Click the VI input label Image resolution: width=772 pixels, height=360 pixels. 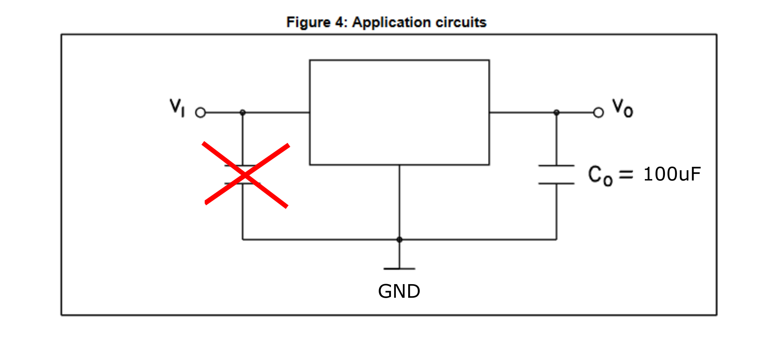pyautogui.click(x=177, y=107)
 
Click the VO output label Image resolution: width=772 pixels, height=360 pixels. pyautogui.click(x=622, y=108)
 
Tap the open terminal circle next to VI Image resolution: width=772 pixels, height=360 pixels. pyautogui.click(x=200, y=112)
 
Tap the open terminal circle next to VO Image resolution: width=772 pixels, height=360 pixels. pyautogui.click(x=598, y=112)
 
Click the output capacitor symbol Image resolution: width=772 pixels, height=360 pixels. pyautogui.click(x=556, y=175)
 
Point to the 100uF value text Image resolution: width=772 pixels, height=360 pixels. pyautogui.click(x=672, y=174)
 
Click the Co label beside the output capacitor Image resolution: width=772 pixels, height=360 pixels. pyautogui.click(x=600, y=175)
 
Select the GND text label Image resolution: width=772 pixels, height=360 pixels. pyautogui.click(x=399, y=292)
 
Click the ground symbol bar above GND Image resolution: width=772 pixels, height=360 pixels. pyautogui.click(x=399, y=269)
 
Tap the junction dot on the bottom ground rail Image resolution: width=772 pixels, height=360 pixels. pyautogui.click(x=399, y=239)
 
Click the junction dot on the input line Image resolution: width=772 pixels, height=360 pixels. pyautogui.click(x=242, y=112)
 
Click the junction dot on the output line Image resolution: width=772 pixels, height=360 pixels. pyautogui.click(x=556, y=112)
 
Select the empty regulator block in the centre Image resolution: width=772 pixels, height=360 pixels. pyautogui.click(x=399, y=112)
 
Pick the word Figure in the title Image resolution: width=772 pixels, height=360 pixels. pyautogui.click(x=308, y=22)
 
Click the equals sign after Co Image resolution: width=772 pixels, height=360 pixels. pyautogui.click(x=626, y=175)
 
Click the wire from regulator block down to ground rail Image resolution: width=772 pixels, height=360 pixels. pyautogui.click(x=399, y=201)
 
